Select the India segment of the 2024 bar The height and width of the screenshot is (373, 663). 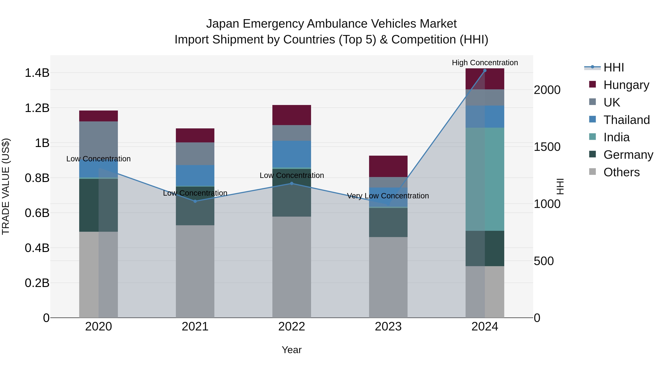(485, 179)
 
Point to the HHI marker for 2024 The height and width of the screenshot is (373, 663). (485, 71)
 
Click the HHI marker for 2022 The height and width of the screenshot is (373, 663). (292, 183)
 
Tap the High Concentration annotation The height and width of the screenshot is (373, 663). (485, 63)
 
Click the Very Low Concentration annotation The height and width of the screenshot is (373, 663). (388, 196)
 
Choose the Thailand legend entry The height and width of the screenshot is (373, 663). (627, 120)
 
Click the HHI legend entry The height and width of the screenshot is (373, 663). (614, 67)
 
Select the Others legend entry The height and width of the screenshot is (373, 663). (621, 172)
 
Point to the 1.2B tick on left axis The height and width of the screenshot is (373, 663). (37, 108)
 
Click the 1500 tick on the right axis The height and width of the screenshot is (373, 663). (547, 147)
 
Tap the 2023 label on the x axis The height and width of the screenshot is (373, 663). (388, 327)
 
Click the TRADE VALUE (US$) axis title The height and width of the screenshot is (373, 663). (6, 186)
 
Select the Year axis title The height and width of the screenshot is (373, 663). (292, 350)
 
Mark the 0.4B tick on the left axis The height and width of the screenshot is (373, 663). (37, 248)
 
